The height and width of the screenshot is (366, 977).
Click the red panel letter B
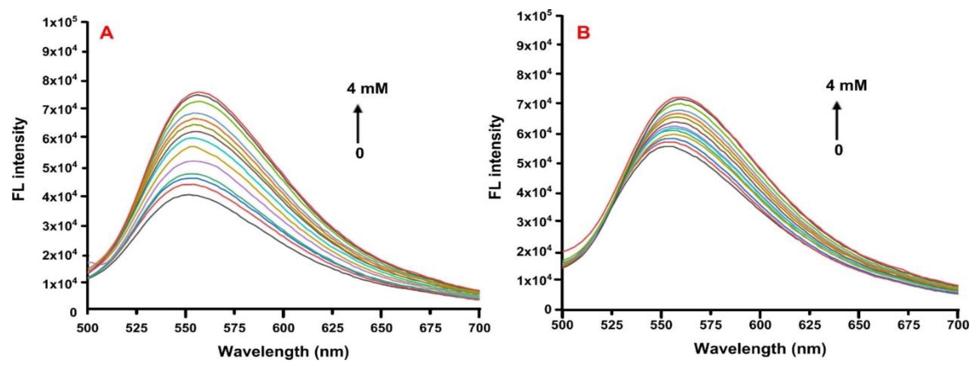[583, 33]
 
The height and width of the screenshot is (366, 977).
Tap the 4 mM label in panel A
[367, 88]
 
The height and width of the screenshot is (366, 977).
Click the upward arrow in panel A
[358, 123]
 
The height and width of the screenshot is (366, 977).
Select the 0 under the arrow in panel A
[359, 153]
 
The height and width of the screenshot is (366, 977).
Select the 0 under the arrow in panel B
[838, 150]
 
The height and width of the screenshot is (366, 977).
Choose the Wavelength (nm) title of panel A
[283, 352]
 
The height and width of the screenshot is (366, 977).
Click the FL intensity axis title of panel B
[496, 157]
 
